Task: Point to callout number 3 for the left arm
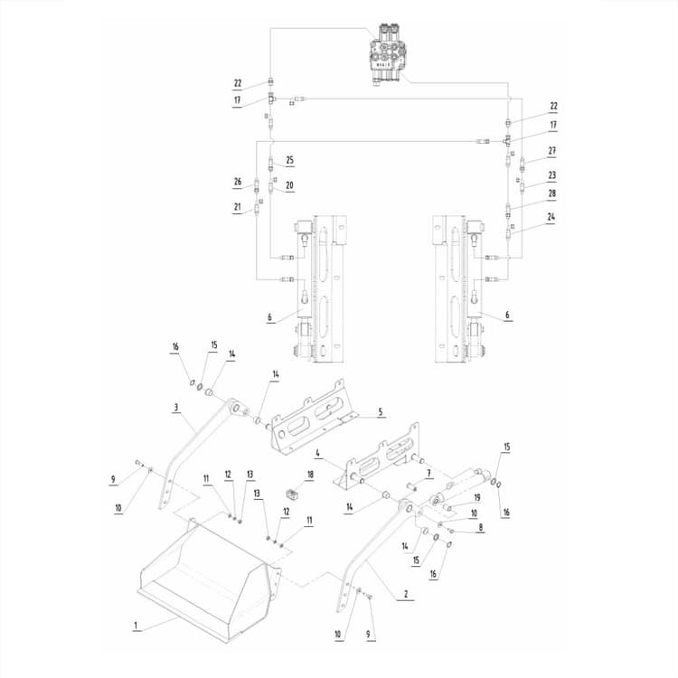tap(175, 408)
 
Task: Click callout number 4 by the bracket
tap(319, 452)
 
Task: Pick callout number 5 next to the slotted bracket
tap(381, 412)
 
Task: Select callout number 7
tap(429, 473)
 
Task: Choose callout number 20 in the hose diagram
tap(290, 186)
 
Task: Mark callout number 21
tap(238, 207)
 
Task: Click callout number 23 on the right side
tap(551, 175)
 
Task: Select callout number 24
tap(551, 216)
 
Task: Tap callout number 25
tap(290, 160)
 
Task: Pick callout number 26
tap(238, 182)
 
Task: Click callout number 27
tap(551, 151)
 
